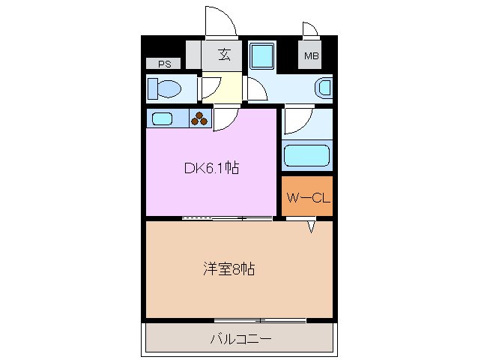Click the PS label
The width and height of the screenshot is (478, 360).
(x=164, y=64)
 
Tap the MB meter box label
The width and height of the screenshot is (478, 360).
(x=310, y=55)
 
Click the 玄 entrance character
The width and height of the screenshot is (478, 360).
(x=223, y=54)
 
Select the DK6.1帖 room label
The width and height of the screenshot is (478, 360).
(x=211, y=168)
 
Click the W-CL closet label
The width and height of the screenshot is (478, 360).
(x=307, y=198)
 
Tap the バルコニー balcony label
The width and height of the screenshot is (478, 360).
(x=240, y=339)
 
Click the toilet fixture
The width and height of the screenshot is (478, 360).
(x=166, y=89)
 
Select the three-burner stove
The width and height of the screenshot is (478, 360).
(x=200, y=118)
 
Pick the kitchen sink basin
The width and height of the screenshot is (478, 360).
(x=162, y=118)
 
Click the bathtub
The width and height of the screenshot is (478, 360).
(x=307, y=157)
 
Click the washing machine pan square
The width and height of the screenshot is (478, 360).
(x=262, y=56)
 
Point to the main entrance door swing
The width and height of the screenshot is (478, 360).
(x=220, y=21)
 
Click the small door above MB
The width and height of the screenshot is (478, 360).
(x=310, y=30)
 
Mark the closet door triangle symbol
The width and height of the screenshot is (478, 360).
(x=309, y=226)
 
